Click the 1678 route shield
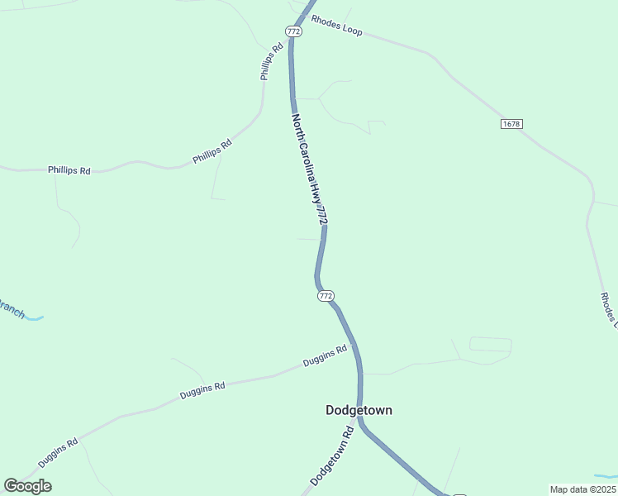click(x=511, y=124)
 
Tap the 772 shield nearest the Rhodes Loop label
click(x=293, y=31)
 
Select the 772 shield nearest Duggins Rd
click(x=326, y=295)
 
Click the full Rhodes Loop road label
click(x=336, y=25)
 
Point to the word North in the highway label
click(x=298, y=127)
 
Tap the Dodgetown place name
click(x=359, y=410)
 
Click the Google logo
click(x=27, y=486)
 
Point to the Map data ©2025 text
click(x=582, y=489)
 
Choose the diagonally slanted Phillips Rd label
click(x=212, y=151)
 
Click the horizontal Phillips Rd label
click(x=69, y=170)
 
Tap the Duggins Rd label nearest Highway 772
click(x=324, y=356)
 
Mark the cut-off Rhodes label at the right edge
click(x=608, y=311)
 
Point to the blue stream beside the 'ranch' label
click(x=35, y=317)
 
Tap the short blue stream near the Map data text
click(x=605, y=477)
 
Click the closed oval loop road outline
click(x=490, y=344)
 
